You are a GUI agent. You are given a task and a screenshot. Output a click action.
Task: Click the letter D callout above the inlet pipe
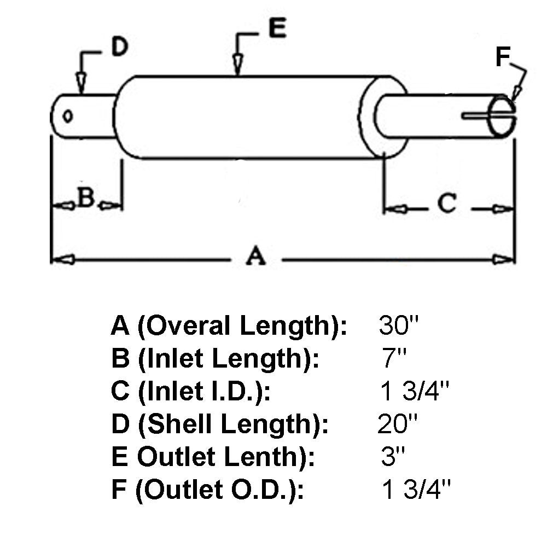[119, 48]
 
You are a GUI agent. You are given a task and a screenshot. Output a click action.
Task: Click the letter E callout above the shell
[277, 28]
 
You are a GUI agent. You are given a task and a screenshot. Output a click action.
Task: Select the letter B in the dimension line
[86, 199]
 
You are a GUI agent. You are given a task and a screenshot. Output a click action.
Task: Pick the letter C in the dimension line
[447, 203]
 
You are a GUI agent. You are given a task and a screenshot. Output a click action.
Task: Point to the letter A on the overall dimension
[255, 256]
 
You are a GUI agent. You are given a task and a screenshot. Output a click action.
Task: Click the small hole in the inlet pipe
[68, 115]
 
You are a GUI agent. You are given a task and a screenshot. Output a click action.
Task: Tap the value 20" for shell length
[398, 424]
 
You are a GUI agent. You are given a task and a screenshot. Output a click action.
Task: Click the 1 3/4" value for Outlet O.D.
[416, 490]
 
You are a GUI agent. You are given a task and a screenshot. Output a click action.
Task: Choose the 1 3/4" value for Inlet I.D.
[416, 392]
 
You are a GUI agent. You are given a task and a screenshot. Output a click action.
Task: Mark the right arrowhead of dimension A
[504, 259]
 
